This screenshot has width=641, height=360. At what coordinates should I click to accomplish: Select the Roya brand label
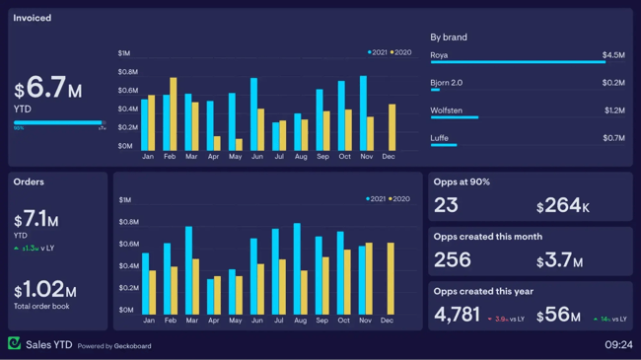coord(439,55)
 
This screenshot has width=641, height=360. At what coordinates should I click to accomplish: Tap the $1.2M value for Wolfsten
coord(613,110)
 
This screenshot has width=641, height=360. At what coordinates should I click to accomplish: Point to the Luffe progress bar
coord(443,145)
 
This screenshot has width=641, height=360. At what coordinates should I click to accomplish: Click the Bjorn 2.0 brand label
coord(446,83)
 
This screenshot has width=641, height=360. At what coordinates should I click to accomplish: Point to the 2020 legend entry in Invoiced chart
coord(400,52)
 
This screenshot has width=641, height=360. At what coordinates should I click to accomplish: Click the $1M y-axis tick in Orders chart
coord(124,200)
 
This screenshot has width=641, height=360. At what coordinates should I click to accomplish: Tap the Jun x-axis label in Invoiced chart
coord(256,157)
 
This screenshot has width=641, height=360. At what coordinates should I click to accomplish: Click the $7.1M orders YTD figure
coord(36,220)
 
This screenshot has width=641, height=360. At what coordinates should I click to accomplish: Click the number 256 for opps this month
coord(453,260)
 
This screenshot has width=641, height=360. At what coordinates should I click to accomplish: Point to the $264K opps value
coord(563,206)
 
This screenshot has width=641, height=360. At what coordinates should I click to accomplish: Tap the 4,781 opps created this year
coord(457,315)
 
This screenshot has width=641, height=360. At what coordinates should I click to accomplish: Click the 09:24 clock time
coord(618,345)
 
